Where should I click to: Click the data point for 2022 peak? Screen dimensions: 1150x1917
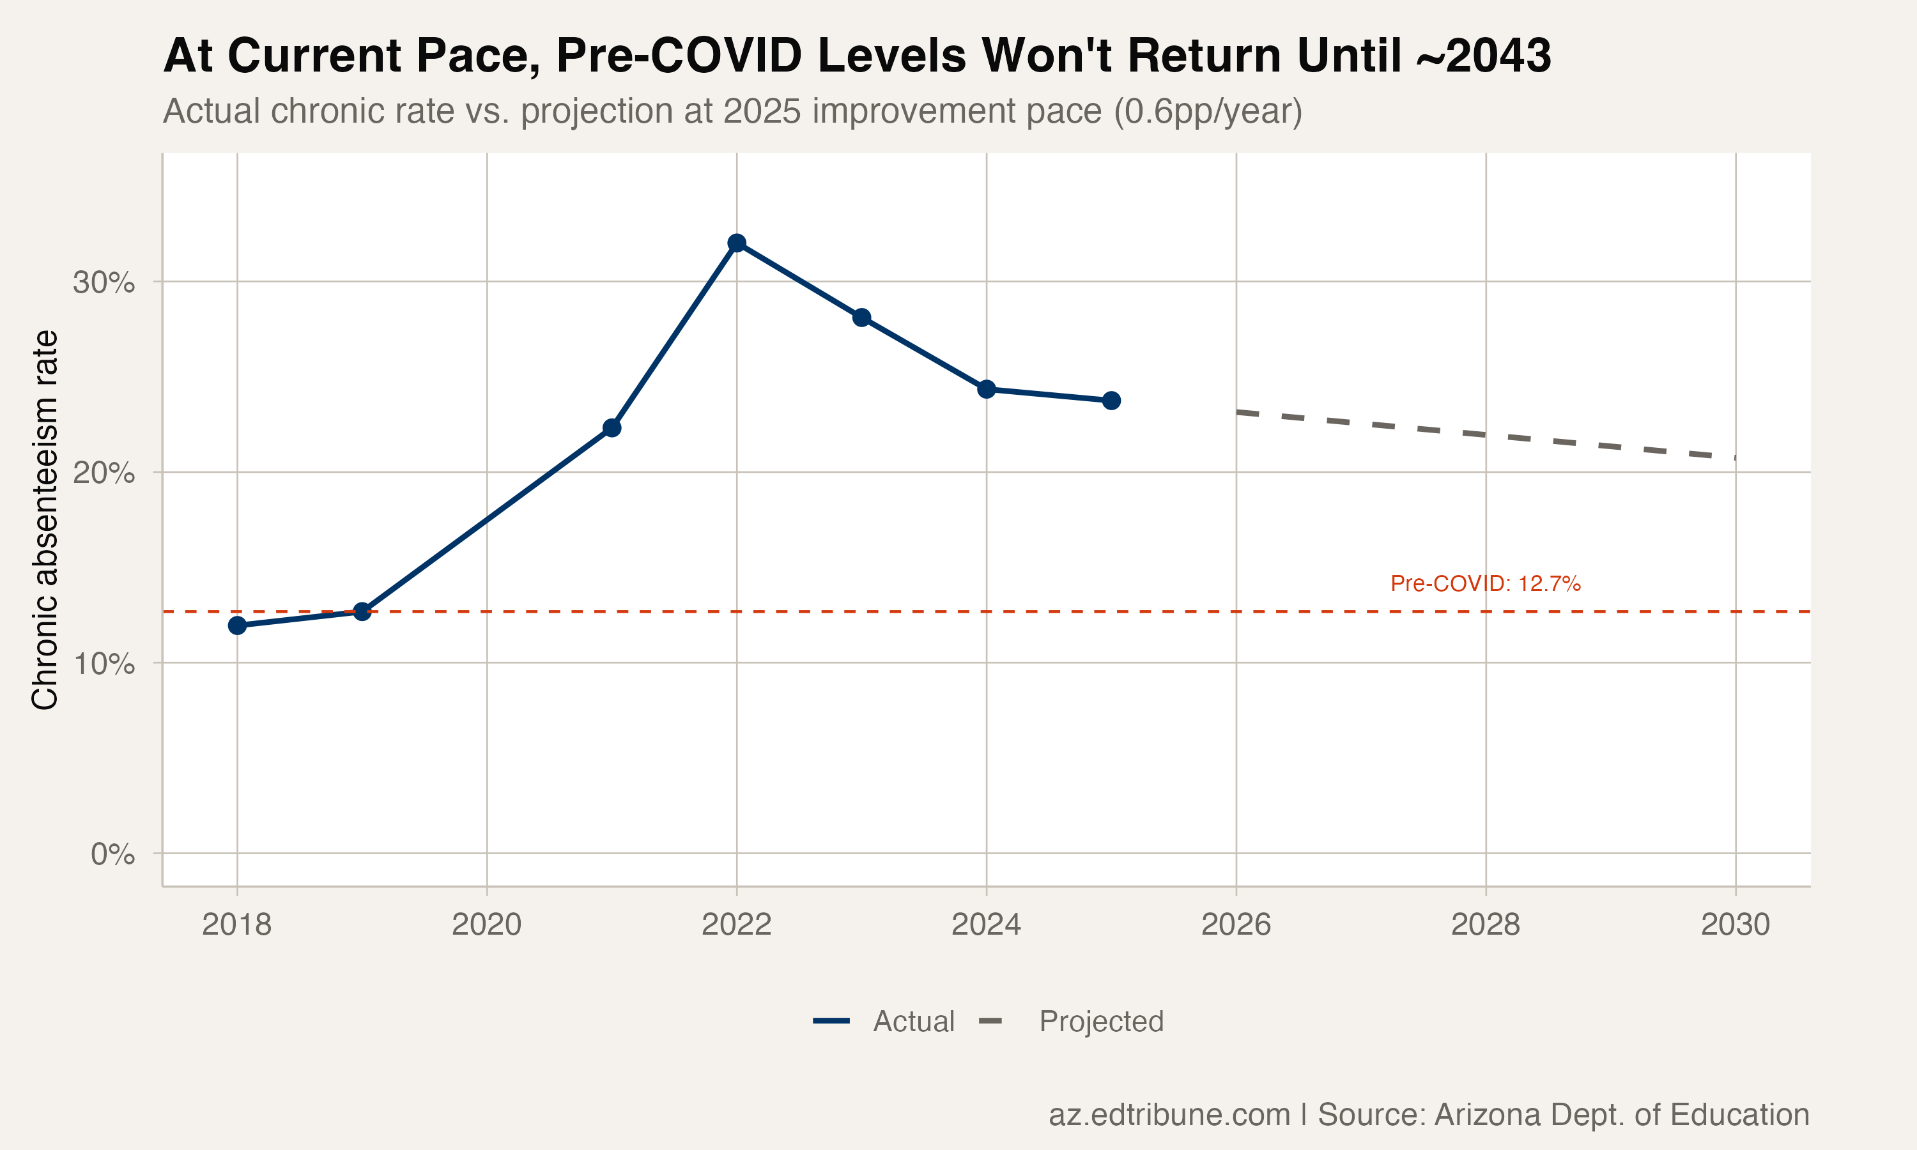coord(737,243)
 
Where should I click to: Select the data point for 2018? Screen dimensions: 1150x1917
coord(237,625)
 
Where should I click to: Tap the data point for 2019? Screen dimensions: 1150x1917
coord(362,611)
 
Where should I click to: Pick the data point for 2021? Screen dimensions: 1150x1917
coord(612,428)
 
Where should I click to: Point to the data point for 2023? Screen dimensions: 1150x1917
coord(861,318)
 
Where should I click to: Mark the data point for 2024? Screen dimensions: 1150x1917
coord(987,389)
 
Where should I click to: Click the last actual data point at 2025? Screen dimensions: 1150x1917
coord(1111,401)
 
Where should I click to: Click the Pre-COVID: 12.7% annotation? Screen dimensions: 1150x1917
coord(1484,583)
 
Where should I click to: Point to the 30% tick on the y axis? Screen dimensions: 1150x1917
coord(104,283)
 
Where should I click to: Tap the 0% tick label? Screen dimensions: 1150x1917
coord(112,855)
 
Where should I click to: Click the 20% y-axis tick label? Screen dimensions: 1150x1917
coord(104,473)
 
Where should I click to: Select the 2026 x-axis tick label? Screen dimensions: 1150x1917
coord(1236,924)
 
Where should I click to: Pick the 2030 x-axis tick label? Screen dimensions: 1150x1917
coord(1735,924)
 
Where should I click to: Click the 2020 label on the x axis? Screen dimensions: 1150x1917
coord(487,924)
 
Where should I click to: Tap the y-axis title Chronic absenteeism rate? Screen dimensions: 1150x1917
coord(45,519)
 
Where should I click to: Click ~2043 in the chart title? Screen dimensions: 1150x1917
coord(1483,56)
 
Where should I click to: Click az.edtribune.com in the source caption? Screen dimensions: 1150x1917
coord(1169,1114)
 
